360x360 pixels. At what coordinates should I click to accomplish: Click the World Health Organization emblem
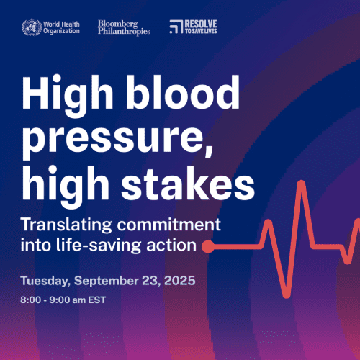coord(31,27)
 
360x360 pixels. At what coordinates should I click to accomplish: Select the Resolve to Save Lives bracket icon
coord(175,27)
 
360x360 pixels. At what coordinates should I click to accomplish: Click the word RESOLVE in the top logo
coord(202,24)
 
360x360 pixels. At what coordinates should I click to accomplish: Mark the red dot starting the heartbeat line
coord(207,247)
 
